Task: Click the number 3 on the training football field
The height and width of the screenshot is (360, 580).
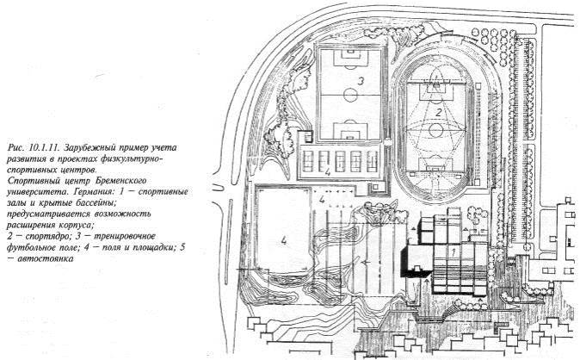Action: pyautogui.click(x=361, y=81)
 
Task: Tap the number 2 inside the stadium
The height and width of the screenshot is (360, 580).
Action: pyautogui.click(x=438, y=112)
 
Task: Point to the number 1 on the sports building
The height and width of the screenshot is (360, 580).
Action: pyautogui.click(x=452, y=251)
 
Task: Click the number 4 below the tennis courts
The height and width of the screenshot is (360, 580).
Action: pyautogui.click(x=327, y=172)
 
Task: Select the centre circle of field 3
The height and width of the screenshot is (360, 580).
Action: pyautogui.click(x=350, y=96)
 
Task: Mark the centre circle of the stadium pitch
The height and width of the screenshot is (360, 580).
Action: pyautogui.click(x=436, y=130)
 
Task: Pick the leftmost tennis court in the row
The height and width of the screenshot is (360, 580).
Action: pyautogui.click(x=308, y=161)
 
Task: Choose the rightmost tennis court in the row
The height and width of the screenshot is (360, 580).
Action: pyautogui.click(x=372, y=161)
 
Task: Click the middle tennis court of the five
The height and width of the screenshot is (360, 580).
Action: pyautogui.click(x=340, y=161)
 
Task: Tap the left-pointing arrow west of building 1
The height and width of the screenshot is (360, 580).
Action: pyautogui.click(x=367, y=262)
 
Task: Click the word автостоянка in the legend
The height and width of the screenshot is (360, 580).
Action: pyautogui.click(x=45, y=258)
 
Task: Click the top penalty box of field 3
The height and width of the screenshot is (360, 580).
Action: pyautogui.click(x=350, y=57)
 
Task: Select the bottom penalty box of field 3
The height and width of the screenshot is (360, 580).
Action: pyautogui.click(x=350, y=131)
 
